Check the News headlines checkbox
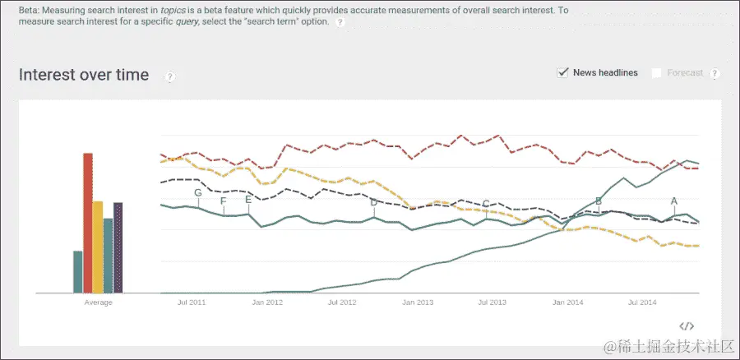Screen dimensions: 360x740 pos(563,72)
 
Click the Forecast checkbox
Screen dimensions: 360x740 pos(657,73)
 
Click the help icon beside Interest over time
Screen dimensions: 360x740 pos(170,76)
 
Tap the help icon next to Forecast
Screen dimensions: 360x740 pos(715,73)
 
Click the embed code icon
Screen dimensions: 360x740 pos(687,326)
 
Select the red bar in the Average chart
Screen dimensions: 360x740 pos(88,222)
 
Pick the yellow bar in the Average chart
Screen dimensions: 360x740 pos(98,247)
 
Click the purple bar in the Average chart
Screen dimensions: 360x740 pos(118,247)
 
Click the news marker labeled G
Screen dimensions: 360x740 pos(197,193)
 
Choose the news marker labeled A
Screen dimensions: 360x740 pos(674,201)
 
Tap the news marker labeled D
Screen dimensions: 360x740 pos(373,202)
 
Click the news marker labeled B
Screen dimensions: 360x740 pos(599,201)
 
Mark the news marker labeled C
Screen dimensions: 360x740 pos(486,204)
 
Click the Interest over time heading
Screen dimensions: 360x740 pos(84,75)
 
